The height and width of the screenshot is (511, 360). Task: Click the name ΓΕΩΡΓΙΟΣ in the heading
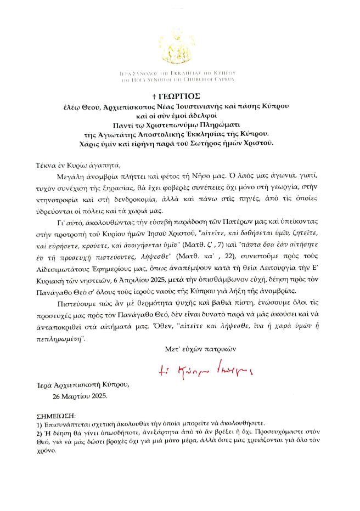(183, 96)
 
